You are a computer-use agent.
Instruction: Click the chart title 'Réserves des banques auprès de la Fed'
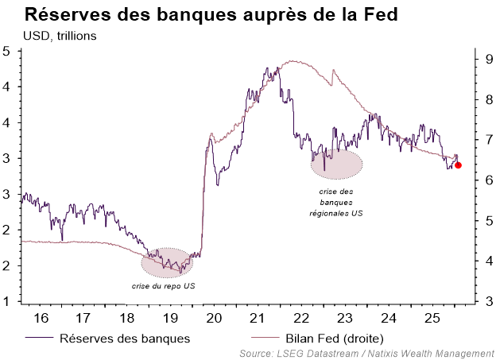point(211,15)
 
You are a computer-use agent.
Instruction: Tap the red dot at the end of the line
point(459,165)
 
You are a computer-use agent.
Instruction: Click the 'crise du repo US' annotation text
point(164,285)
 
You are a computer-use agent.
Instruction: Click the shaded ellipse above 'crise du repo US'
point(167,261)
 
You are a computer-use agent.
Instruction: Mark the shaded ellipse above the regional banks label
point(336,162)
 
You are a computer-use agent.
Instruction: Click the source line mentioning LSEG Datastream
point(366,353)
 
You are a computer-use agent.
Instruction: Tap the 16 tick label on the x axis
point(41,318)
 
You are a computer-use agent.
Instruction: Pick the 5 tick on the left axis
point(7,52)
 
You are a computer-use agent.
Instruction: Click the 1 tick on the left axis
point(7,301)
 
